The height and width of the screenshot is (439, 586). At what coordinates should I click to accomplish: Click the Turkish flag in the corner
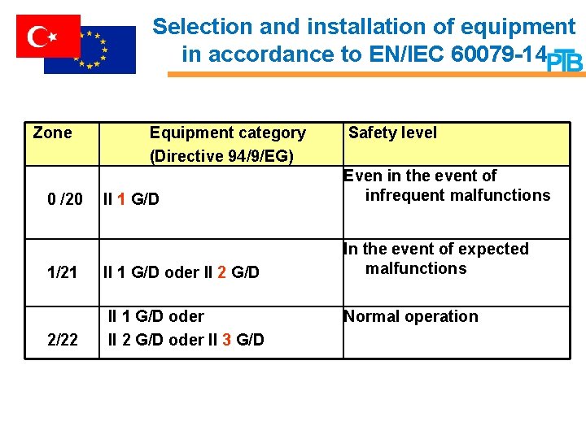(x=48, y=36)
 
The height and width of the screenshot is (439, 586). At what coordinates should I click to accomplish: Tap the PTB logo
(x=564, y=61)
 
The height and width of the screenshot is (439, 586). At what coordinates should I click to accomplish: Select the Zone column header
(x=52, y=133)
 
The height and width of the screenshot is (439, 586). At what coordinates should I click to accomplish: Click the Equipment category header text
(x=227, y=133)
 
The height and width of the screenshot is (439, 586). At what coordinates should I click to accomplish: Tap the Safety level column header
(x=392, y=133)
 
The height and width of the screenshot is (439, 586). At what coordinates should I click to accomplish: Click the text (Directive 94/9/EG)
(x=221, y=154)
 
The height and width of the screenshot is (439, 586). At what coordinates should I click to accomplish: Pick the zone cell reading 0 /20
(x=65, y=199)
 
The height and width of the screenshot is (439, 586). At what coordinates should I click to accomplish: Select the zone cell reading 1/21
(x=63, y=272)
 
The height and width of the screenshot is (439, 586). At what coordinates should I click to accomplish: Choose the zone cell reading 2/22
(x=63, y=339)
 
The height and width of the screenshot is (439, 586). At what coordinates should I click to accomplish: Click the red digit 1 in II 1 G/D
(x=120, y=199)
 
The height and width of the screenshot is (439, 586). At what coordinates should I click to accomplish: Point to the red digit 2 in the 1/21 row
(x=221, y=272)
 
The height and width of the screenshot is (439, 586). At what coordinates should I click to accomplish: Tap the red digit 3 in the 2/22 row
(x=226, y=339)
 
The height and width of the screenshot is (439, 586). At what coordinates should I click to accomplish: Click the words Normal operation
(x=411, y=316)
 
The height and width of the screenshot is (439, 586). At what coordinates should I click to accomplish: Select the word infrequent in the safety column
(x=405, y=195)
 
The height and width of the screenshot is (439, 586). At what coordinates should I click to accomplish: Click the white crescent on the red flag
(x=38, y=36)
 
